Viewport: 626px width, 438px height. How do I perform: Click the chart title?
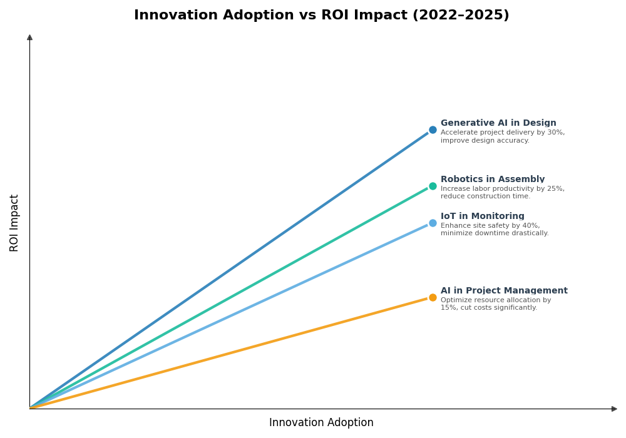tap(321, 15)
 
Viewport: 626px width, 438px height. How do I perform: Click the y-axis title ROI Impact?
tap(14, 223)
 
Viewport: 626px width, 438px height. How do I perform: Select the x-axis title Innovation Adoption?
tap(321, 423)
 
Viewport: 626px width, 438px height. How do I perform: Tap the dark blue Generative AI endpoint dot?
tap(433, 130)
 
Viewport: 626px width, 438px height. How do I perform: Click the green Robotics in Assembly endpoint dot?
tap(433, 186)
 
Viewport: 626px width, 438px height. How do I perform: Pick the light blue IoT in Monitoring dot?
tap(433, 223)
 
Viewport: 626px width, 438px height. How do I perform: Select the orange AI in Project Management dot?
tap(433, 298)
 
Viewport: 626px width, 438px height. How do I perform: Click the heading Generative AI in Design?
tap(498, 123)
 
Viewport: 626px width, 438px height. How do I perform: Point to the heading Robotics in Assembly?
tap(493, 180)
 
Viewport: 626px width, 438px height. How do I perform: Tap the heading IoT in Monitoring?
tap(483, 216)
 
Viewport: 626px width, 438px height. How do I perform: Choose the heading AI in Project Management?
tap(504, 291)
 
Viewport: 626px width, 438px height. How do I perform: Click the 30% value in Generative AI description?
tap(556, 133)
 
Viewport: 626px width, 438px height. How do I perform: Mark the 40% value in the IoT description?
tap(531, 226)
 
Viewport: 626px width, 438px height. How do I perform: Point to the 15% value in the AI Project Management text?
tap(448, 308)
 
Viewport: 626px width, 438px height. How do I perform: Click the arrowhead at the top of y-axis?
tap(29, 38)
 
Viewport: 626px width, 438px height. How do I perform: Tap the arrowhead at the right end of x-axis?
tap(614, 409)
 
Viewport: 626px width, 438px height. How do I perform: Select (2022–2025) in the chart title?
tap(461, 15)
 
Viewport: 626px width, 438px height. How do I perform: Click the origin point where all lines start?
tap(30, 408)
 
